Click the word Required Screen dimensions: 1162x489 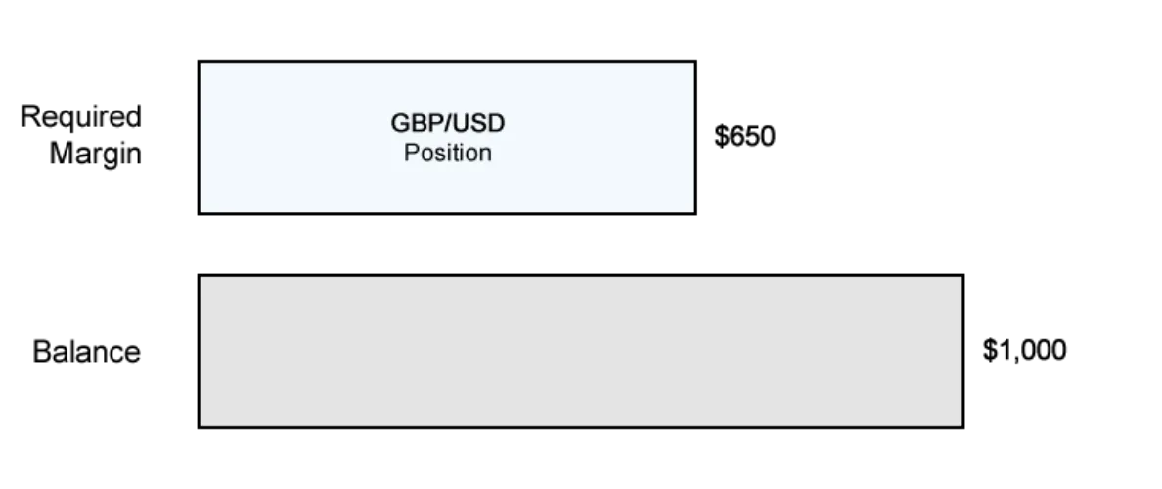point(81,117)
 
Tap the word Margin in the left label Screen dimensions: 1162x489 point(96,154)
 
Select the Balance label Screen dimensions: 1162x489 point(87,352)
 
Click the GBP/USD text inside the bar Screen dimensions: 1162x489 point(448,123)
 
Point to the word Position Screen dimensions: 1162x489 point(448,153)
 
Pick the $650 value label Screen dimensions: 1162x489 point(744,136)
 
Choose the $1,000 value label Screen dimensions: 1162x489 point(1025,350)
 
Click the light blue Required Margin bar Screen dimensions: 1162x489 point(447,137)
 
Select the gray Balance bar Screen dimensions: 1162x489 point(581,351)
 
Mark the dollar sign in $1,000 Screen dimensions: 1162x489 point(990,350)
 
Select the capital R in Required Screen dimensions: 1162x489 point(29,117)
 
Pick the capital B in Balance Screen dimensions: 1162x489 point(41,352)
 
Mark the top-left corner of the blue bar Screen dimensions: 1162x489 point(199,61)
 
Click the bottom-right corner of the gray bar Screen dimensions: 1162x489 point(963,427)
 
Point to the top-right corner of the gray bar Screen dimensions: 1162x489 point(963,275)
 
